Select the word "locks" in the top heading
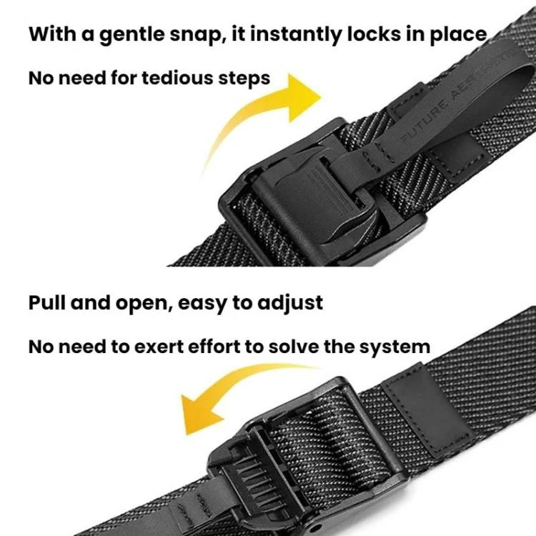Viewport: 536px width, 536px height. (x=374, y=34)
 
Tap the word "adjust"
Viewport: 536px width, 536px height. (x=290, y=304)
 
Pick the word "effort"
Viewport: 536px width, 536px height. (x=214, y=347)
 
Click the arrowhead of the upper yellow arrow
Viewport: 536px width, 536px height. (x=304, y=97)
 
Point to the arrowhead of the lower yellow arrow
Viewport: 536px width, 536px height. (x=199, y=414)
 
